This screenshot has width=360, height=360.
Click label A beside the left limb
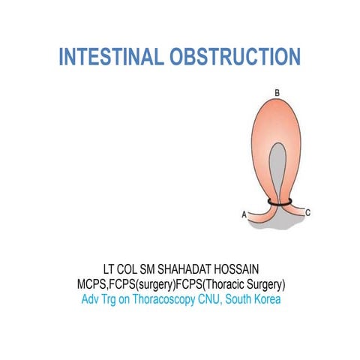pyautogui.click(x=244, y=214)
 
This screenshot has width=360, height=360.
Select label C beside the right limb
pyautogui.click(x=308, y=214)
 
